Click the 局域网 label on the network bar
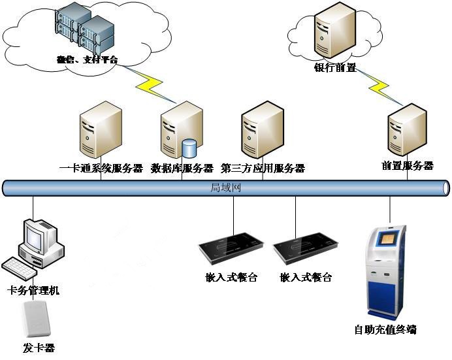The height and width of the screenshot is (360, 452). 225,188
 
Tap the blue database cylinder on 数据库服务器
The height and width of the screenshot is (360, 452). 189,148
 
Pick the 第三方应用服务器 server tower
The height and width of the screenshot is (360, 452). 263,131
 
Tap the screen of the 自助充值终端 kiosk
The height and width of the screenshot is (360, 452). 387,238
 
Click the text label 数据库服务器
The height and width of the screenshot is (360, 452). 182,169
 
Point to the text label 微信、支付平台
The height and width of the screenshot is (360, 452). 87,60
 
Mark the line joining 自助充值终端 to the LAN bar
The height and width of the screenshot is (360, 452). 390,210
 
